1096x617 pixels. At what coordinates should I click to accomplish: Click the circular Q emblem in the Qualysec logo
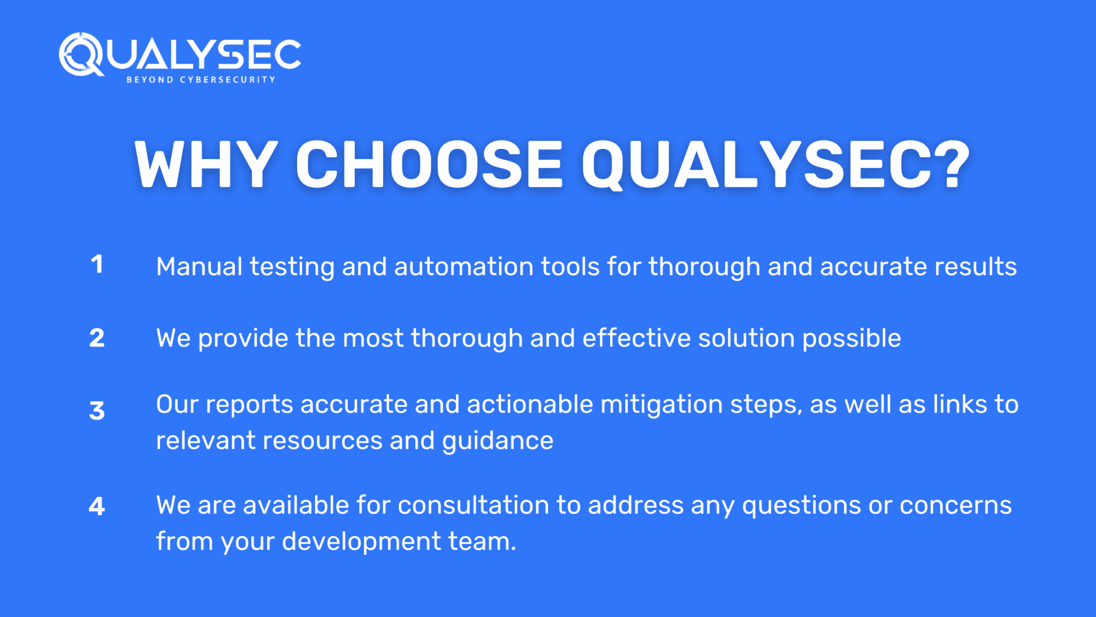pos(81,54)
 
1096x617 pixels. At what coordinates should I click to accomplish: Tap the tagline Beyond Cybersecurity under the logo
pos(201,80)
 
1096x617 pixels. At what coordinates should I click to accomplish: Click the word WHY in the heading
pos(206,164)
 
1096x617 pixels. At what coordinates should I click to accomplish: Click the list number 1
pos(97,264)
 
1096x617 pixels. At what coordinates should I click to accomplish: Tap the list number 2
pos(97,338)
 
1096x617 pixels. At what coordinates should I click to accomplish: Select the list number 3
pos(97,410)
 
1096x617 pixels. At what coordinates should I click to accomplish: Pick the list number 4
pos(97,506)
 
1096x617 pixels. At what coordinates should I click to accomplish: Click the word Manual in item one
pos(200,266)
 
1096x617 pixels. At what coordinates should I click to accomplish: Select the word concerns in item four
pos(956,505)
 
